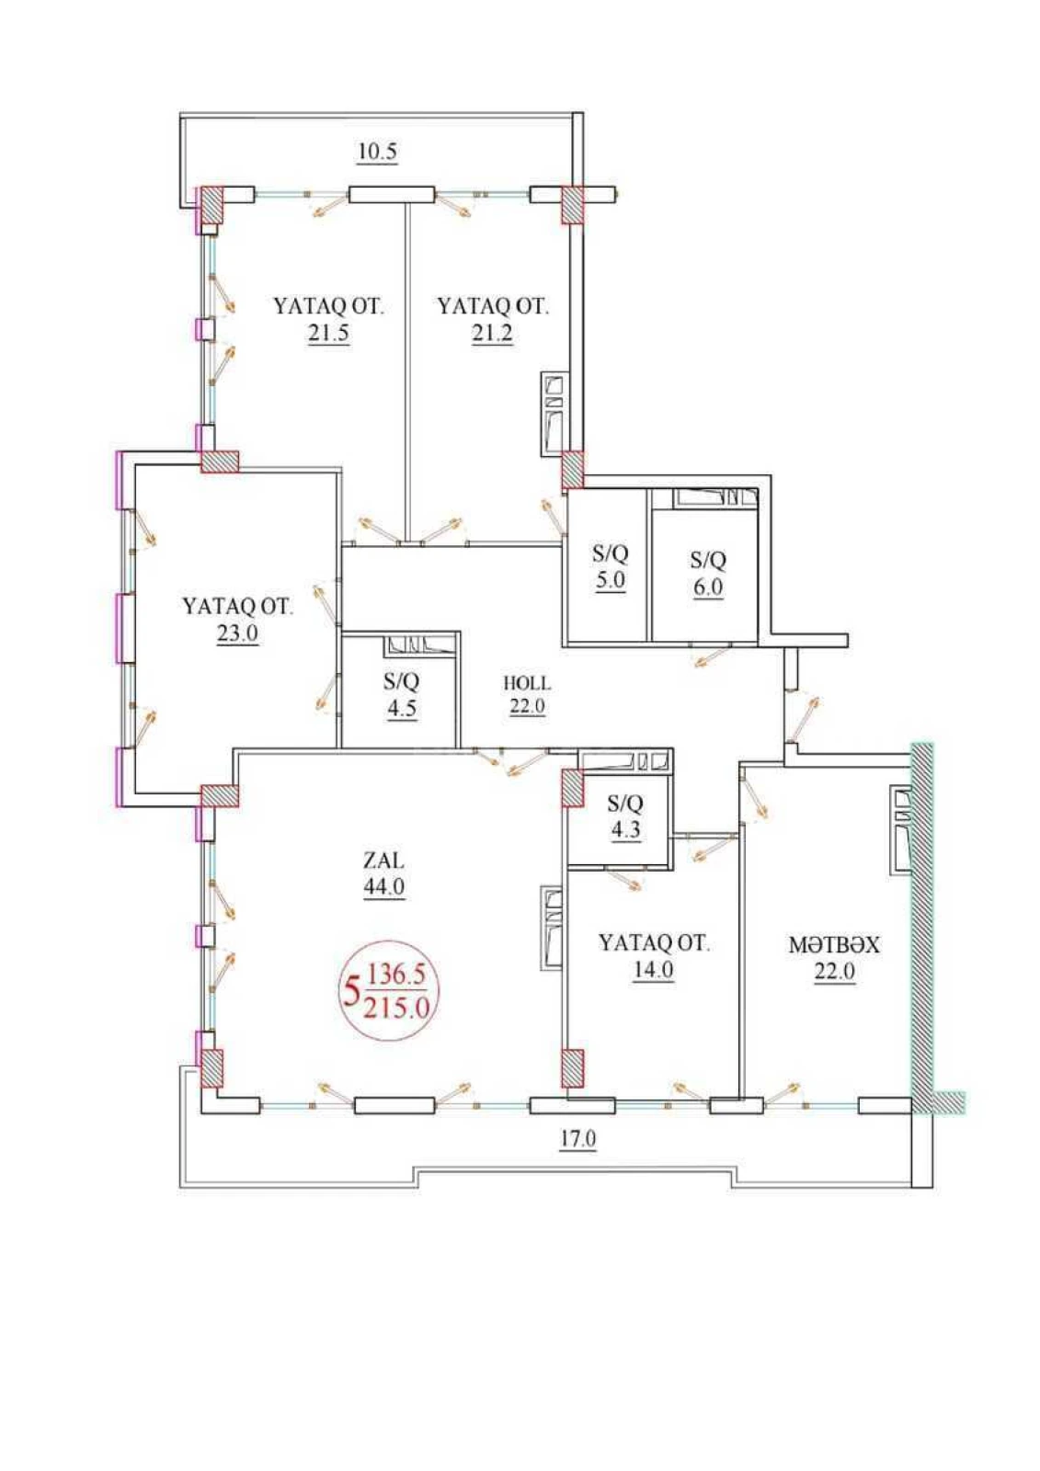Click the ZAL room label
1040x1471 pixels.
[383, 861]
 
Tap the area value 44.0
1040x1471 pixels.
[383, 887]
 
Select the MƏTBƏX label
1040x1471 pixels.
[833, 945]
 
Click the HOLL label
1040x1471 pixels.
[527, 683]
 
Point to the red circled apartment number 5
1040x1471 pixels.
[350, 994]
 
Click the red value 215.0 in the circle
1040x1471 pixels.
[396, 1008]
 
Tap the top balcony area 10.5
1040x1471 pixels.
[377, 152]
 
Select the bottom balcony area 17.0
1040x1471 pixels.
[578, 1139]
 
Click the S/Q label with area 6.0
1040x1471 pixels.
[708, 560]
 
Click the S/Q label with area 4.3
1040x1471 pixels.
[625, 804]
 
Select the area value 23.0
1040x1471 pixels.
[237, 633]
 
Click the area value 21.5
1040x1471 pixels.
[328, 333]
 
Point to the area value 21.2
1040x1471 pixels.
[492, 333]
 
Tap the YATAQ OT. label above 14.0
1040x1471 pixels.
[654, 943]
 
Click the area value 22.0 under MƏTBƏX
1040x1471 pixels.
[833, 971]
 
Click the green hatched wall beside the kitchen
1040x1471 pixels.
[922, 919]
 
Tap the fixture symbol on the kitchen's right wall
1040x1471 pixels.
[900, 829]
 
